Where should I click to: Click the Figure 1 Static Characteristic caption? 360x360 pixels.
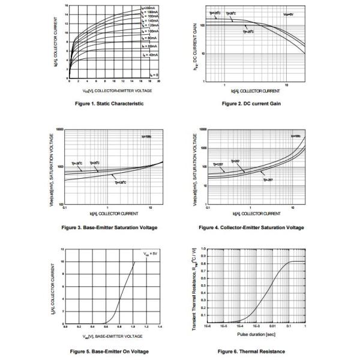pos(109,104)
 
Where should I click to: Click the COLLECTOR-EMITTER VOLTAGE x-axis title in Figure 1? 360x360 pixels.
pos(117,90)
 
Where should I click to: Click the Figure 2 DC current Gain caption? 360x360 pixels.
pos(251,104)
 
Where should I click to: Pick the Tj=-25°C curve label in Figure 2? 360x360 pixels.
pos(248,32)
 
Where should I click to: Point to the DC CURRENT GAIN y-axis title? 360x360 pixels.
pos(196,45)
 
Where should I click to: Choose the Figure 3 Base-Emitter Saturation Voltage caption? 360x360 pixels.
pos(109,228)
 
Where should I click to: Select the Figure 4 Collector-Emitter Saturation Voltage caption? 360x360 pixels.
pos(251,228)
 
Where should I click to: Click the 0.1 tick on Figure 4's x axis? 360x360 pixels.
pos(208,208)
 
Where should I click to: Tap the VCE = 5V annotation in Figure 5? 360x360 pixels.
pos(149,254)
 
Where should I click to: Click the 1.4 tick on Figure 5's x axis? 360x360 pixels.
pos(160,326)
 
